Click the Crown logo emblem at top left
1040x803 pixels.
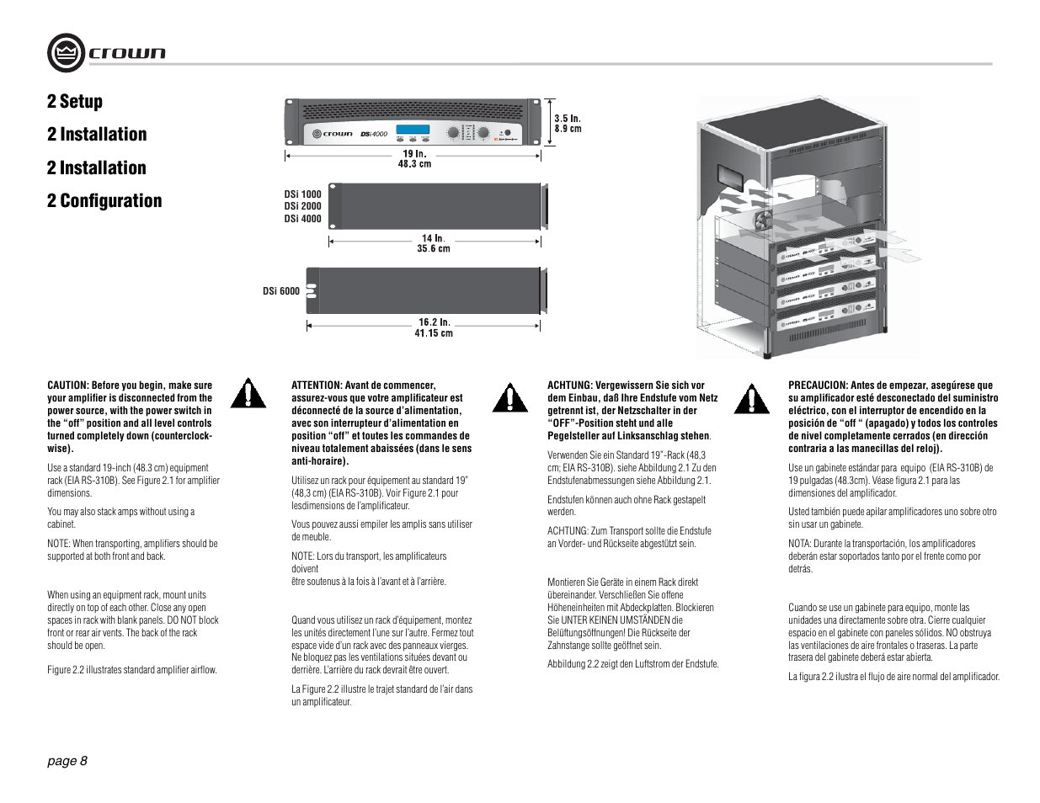(66, 53)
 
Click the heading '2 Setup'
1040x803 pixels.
(75, 102)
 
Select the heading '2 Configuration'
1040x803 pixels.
(104, 201)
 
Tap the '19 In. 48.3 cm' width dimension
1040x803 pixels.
(414, 159)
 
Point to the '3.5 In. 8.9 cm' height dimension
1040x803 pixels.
(568, 124)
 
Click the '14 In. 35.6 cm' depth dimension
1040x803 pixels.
(433, 243)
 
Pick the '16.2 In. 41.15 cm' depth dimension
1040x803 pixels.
(434, 327)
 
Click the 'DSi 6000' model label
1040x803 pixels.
(280, 291)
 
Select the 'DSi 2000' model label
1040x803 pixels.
(302, 206)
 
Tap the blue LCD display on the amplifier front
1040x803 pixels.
(412, 132)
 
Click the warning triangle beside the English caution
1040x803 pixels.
(248, 394)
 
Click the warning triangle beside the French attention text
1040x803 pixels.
(509, 397)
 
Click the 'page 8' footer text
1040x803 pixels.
(67, 761)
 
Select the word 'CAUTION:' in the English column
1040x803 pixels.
(68, 386)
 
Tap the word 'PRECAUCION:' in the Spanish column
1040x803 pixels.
(818, 386)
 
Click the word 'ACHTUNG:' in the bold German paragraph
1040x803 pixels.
(570, 386)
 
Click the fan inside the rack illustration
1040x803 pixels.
(764, 221)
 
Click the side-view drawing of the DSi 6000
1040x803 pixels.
(429, 290)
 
